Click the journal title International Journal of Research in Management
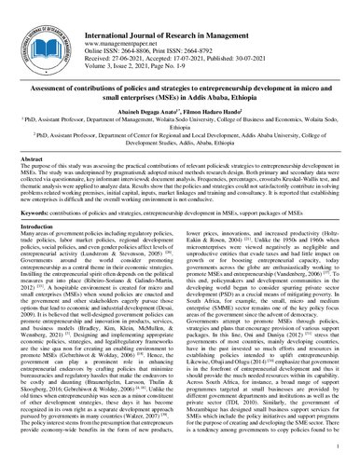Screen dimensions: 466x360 click(x=191, y=8)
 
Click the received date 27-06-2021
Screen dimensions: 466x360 click(x=147, y=35)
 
